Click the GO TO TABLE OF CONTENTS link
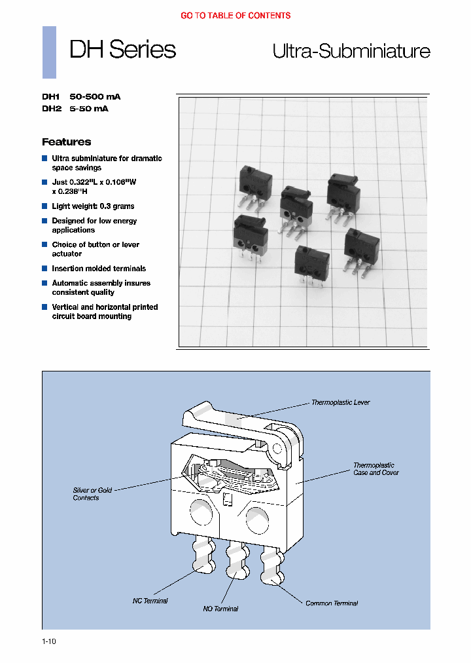pyautogui.click(x=235, y=15)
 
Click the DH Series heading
pyautogui.click(x=122, y=50)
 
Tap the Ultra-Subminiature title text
pyautogui.click(x=351, y=52)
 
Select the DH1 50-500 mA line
pyautogui.click(x=81, y=96)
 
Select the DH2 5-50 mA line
pyautogui.click(x=75, y=109)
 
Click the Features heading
pyautogui.click(x=66, y=142)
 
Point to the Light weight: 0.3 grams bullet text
pyautogui.click(x=93, y=206)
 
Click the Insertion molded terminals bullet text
pyautogui.click(x=99, y=269)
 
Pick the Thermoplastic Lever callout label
pyautogui.click(x=340, y=402)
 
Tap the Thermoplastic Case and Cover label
pyautogui.click(x=375, y=468)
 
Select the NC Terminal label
pyautogui.click(x=150, y=601)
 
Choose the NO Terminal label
pyautogui.click(x=220, y=609)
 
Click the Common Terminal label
pyautogui.click(x=332, y=603)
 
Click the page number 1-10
pyautogui.click(x=49, y=642)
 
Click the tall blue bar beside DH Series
pyautogui.click(x=49, y=52)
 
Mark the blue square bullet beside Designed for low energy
pyautogui.click(x=45, y=221)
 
